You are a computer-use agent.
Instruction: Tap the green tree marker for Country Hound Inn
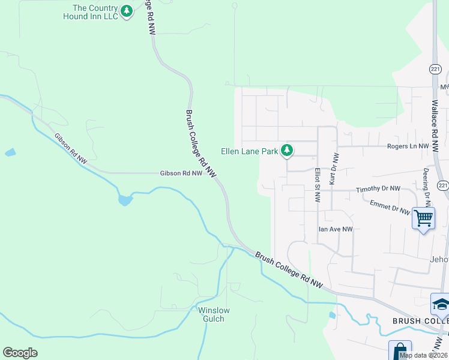pyautogui.click(x=126, y=11)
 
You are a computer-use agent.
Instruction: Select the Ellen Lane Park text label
pyautogui.click(x=250, y=152)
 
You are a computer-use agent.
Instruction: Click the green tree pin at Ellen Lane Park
pyautogui.click(x=288, y=150)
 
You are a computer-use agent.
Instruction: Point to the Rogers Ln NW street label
pyautogui.click(x=408, y=146)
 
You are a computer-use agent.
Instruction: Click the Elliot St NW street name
pyautogui.click(x=318, y=185)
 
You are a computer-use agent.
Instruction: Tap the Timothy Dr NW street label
pyautogui.click(x=378, y=189)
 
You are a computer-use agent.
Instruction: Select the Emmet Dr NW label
pyautogui.click(x=390, y=207)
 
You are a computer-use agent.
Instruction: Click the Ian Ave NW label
pyautogui.click(x=335, y=229)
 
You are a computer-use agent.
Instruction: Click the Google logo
pyautogui.click(x=20, y=353)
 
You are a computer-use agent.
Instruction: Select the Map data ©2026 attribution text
pyautogui.click(x=423, y=355)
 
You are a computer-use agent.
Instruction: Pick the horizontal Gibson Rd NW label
pyautogui.click(x=181, y=173)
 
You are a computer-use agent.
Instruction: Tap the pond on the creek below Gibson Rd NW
pyautogui.click(x=125, y=199)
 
